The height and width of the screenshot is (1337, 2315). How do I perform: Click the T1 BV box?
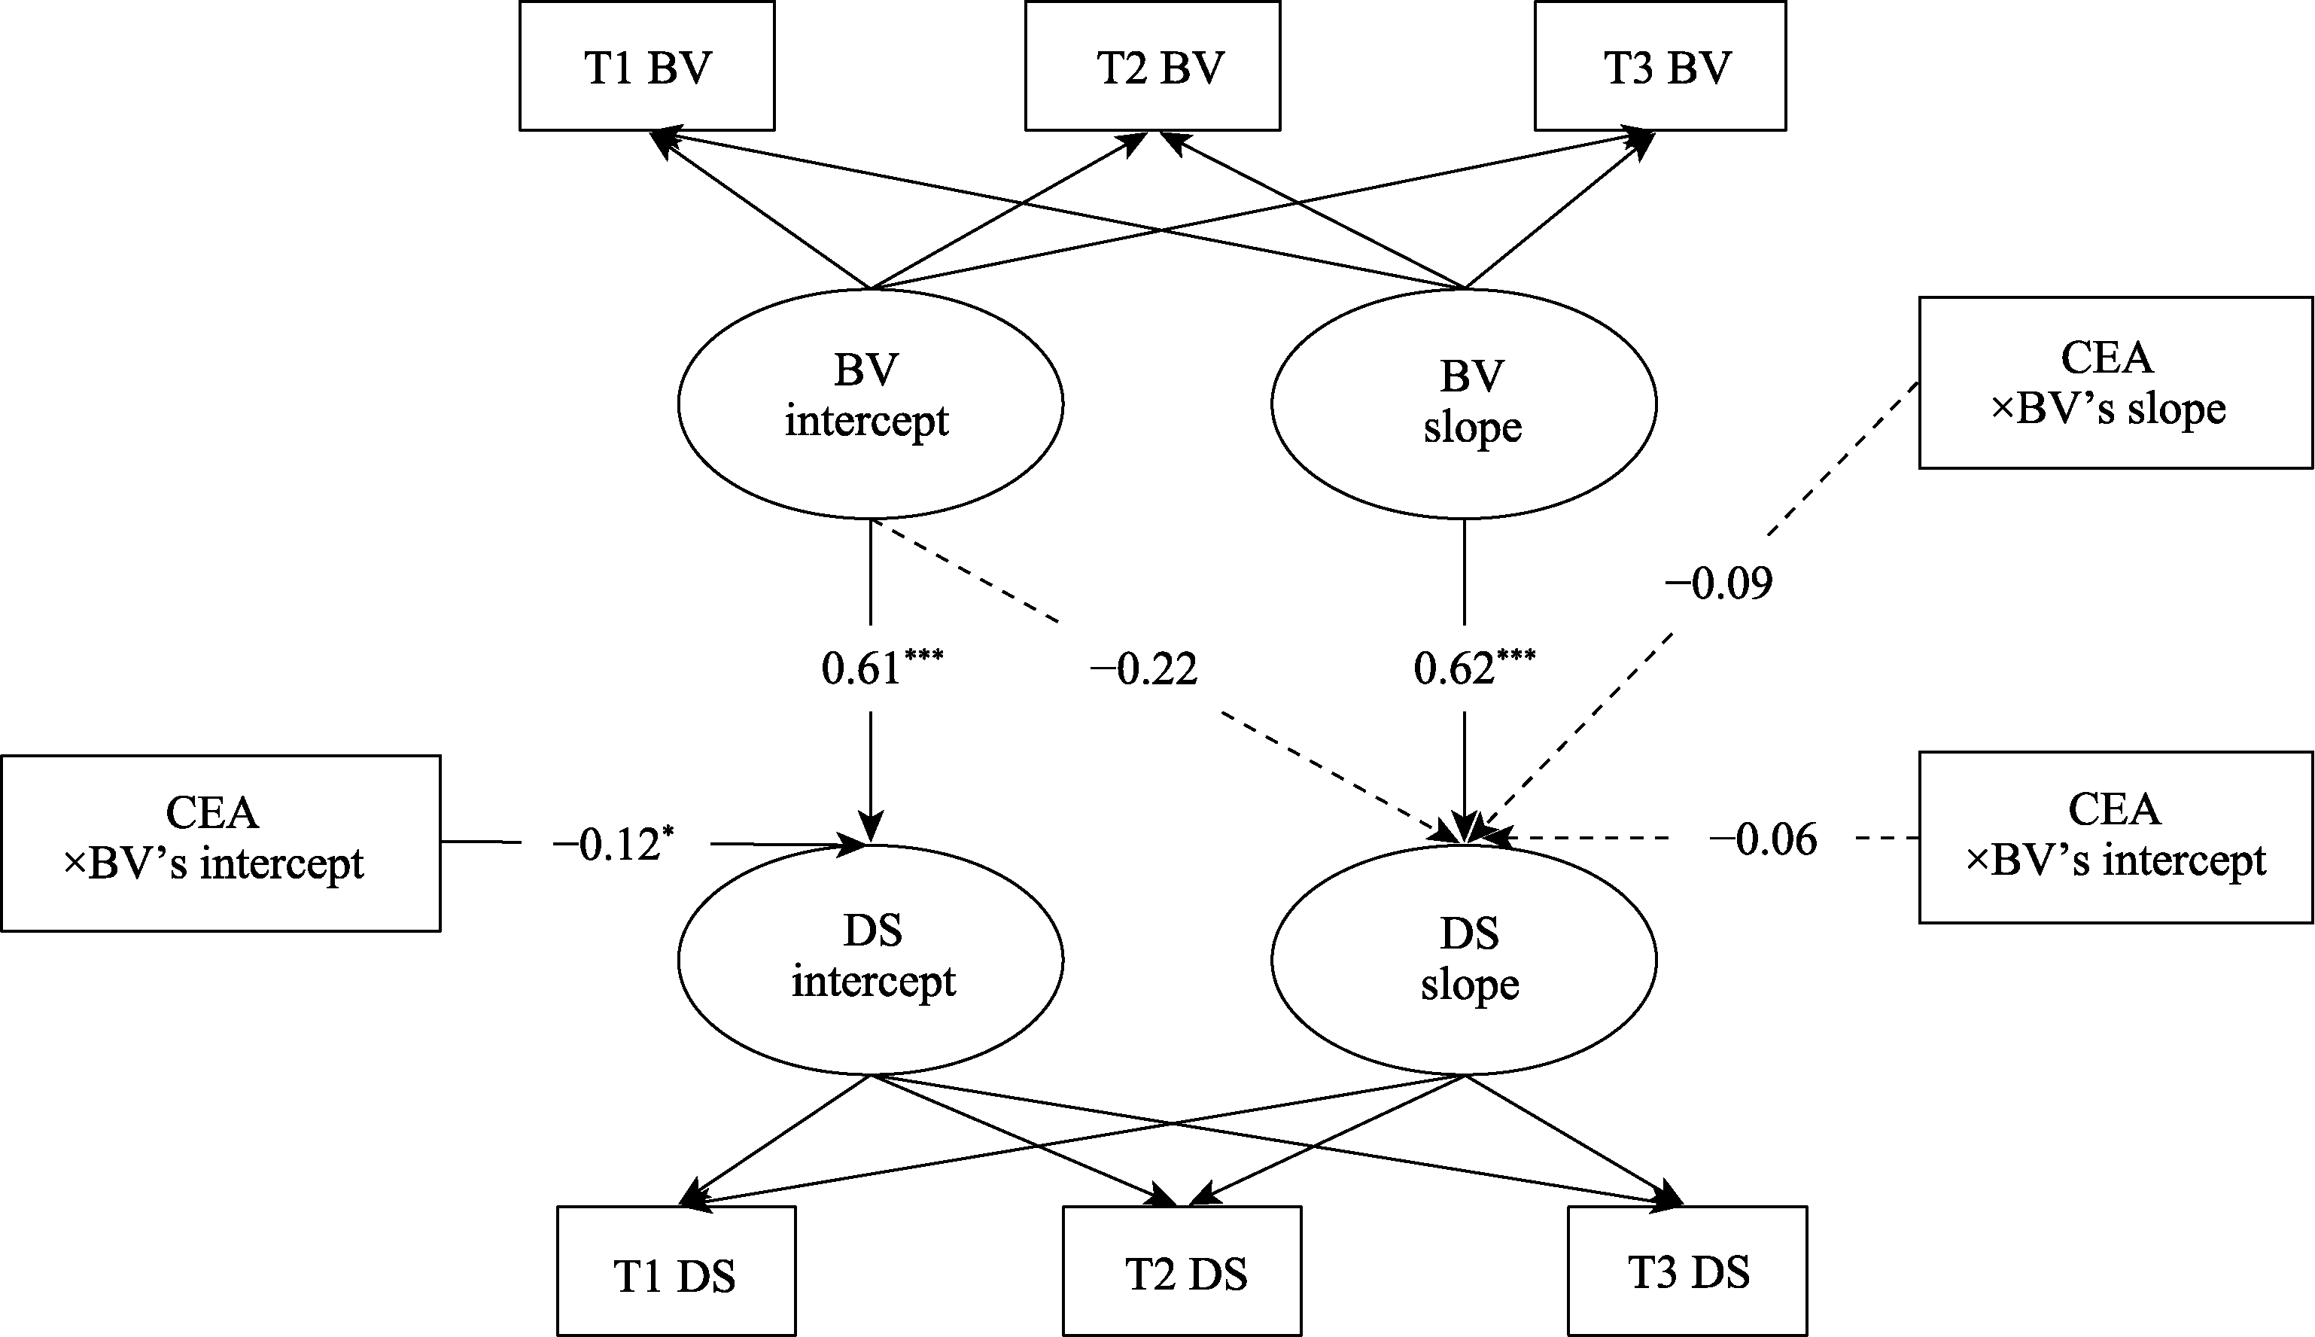point(647,66)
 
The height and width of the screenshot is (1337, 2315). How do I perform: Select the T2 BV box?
point(1153,66)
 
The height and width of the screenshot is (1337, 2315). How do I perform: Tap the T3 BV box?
point(1660,66)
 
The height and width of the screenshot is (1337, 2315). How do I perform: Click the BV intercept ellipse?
point(870,404)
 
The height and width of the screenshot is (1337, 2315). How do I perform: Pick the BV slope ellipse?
point(1464,404)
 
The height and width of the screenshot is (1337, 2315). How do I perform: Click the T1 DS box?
point(677,1271)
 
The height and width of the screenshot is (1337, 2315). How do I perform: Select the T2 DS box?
point(1182,1271)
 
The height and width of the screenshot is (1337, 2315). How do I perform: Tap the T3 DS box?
point(1688,1271)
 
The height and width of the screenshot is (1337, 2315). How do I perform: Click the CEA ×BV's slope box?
point(2116,383)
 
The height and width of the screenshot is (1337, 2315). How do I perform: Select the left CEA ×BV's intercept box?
point(221,843)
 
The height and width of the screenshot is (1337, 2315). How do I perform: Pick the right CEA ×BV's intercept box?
point(2116,837)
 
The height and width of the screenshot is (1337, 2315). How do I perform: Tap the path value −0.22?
point(1144,668)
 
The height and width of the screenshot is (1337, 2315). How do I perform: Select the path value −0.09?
point(1718,584)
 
